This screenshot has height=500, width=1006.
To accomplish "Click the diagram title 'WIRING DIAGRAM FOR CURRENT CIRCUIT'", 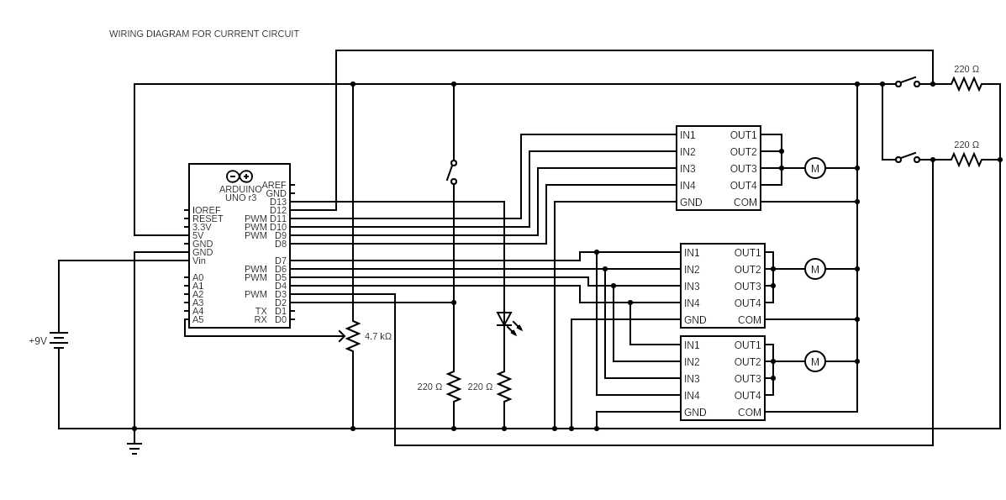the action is click(x=204, y=34).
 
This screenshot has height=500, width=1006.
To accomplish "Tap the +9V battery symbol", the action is click(x=59, y=340).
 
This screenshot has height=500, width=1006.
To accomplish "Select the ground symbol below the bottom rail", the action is click(x=134, y=447).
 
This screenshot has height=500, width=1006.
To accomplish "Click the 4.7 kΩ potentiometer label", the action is click(x=378, y=335).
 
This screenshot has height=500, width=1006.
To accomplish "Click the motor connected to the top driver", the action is click(x=815, y=168).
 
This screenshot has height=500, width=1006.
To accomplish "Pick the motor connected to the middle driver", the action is click(x=815, y=269).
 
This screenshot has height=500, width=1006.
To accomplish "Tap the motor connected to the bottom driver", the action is click(x=815, y=361).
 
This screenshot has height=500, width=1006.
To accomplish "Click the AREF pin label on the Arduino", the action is click(x=274, y=185).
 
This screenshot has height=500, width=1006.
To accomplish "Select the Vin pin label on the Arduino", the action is click(x=199, y=261).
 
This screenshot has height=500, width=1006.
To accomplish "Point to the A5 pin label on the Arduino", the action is click(x=198, y=319).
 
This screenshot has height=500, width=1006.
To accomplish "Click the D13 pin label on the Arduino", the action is click(x=278, y=202).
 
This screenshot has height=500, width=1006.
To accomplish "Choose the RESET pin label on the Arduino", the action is click(x=208, y=218).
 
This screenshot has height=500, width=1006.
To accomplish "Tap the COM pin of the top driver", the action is click(x=745, y=203).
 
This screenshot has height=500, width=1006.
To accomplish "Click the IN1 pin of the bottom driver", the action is click(x=692, y=345).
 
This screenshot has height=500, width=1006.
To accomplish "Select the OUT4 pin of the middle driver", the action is click(x=747, y=303).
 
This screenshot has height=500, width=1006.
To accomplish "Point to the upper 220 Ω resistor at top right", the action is click(x=966, y=84).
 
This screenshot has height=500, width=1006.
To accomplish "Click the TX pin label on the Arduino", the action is click(x=261, y=311).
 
